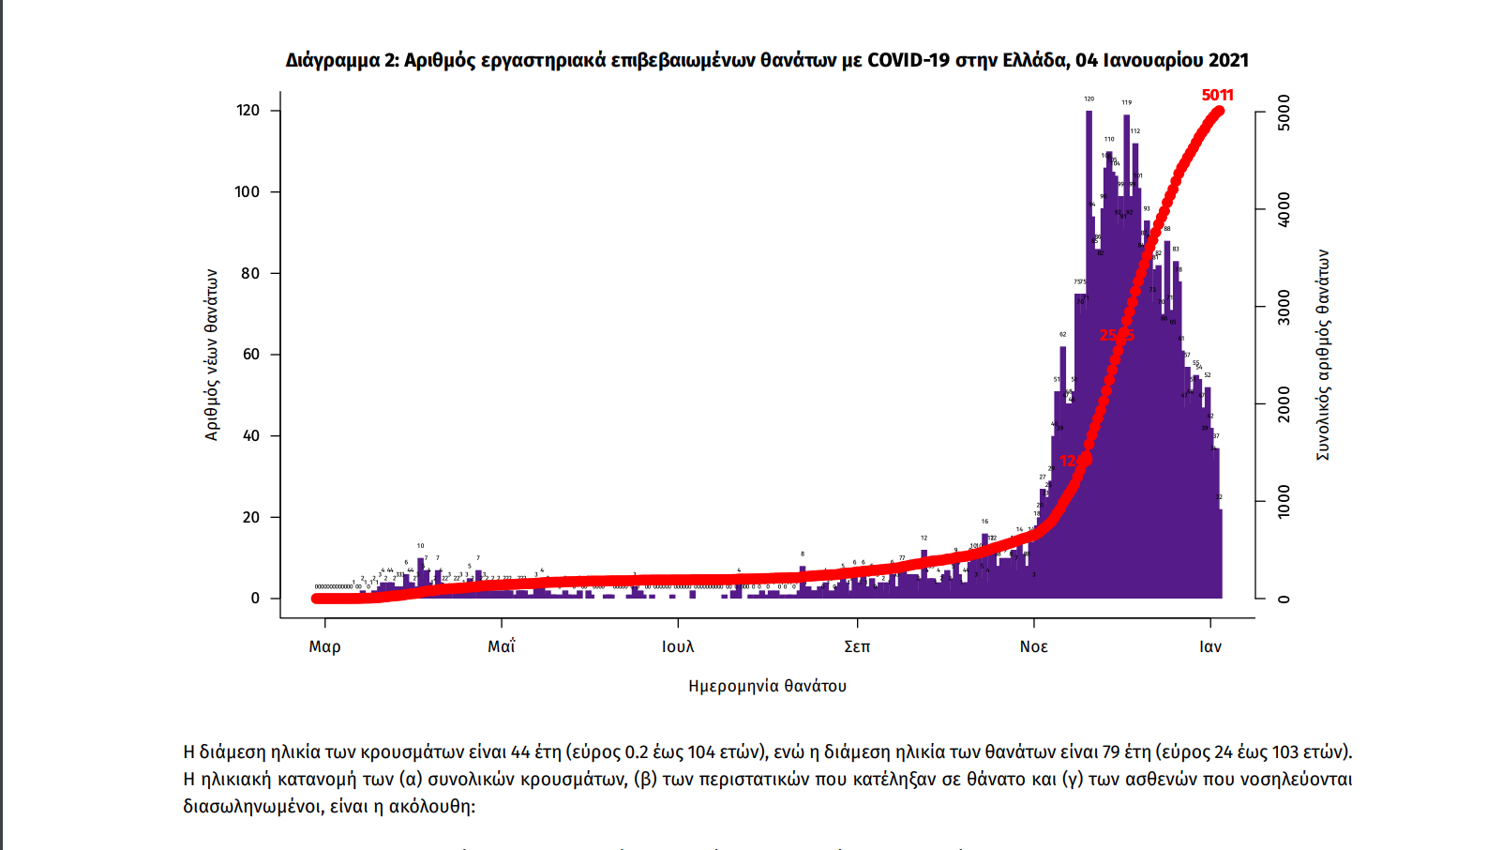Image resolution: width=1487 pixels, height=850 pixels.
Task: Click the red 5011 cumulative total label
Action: (x=1217, y=95)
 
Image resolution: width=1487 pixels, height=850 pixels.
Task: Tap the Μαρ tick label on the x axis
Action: (x=324, y=646)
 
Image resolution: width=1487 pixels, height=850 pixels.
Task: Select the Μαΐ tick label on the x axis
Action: (x=502, y=646)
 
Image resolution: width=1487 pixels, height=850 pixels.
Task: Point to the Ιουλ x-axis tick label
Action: (x=678, y=646)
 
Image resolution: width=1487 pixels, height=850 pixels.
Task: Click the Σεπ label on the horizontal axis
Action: (x=857, y=646)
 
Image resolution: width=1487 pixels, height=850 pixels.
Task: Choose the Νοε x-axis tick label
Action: (x=1033, y=646)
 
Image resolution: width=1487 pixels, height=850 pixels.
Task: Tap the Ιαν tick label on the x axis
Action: (x=1210, y=646)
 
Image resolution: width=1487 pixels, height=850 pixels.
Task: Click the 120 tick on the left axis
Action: (x=248, y=111)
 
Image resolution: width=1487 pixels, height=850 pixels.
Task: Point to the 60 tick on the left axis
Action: (x=250, y=355)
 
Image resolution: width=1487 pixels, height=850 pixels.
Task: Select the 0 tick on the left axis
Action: (x=255, y=599)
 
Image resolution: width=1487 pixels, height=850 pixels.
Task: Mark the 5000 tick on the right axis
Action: (x=1284, y=113)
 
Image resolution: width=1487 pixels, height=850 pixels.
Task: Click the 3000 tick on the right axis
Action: (x=1284, y=308)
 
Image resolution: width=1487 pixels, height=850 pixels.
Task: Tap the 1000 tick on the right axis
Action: (x=1284, y=502)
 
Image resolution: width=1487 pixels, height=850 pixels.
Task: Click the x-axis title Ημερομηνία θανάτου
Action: (x=767, y=686)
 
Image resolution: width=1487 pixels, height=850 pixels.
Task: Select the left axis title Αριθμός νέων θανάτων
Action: (x=212, y=355)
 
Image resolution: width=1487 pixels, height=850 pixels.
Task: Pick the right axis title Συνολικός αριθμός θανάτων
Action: (x=1323, y=355)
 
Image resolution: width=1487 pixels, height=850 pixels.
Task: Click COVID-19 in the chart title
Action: (x=909, y=60)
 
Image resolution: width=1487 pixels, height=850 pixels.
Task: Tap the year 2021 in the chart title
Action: (x=1228, y=60)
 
